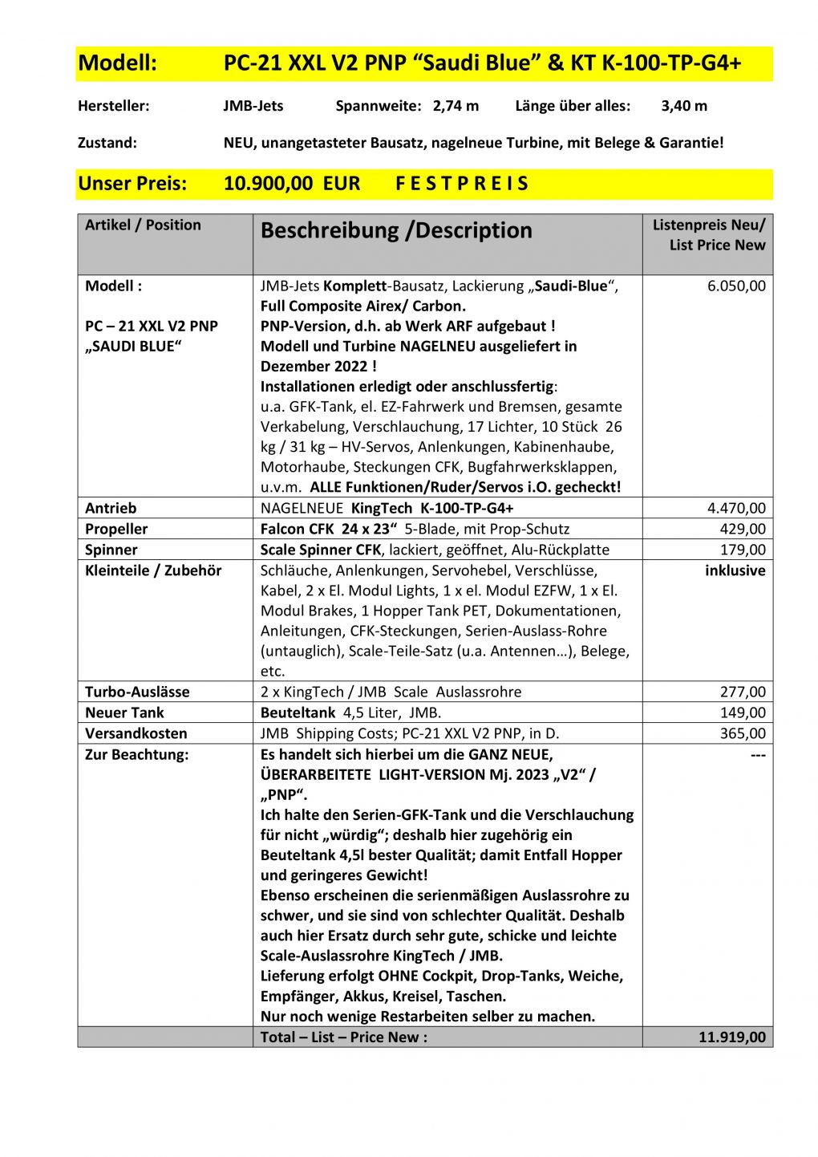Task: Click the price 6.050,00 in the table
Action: point(736,286)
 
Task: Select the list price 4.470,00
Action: point(736,508)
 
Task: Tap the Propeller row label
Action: point(116,529)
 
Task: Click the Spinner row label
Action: point(111,550)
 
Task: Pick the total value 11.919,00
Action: point(731,1037)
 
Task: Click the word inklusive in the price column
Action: point(735,570)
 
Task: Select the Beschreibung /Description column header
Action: point(396,231)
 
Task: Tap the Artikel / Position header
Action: point(143,225)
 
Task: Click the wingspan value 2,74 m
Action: point(456,106)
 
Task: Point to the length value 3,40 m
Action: point(684,106)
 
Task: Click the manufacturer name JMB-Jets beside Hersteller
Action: point(253,106)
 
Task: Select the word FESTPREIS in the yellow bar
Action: point(462,184)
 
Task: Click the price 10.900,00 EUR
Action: point(292,184)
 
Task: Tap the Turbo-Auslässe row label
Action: point(137,692)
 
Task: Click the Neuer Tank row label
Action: point(124,712)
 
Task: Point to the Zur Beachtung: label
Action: point(136,754)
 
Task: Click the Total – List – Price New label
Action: point(343,1037)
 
